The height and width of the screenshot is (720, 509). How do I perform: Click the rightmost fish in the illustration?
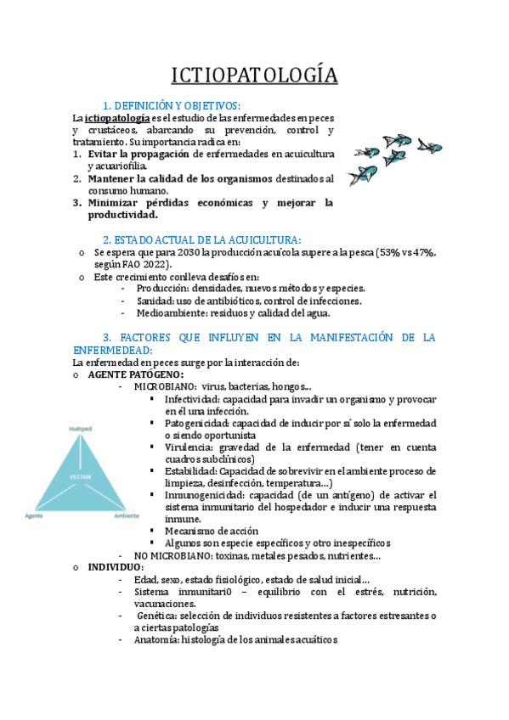tap(430, 147)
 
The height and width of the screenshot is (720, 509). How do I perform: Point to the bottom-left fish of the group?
tap(364, 175)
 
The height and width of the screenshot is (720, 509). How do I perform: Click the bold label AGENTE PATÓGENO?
tap(136, 374)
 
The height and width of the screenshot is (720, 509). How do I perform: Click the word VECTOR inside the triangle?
tap(80, 477)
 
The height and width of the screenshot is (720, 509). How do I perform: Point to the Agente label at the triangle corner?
tap(35, 515)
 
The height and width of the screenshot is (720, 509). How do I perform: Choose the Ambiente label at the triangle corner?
tap(127, 515)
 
